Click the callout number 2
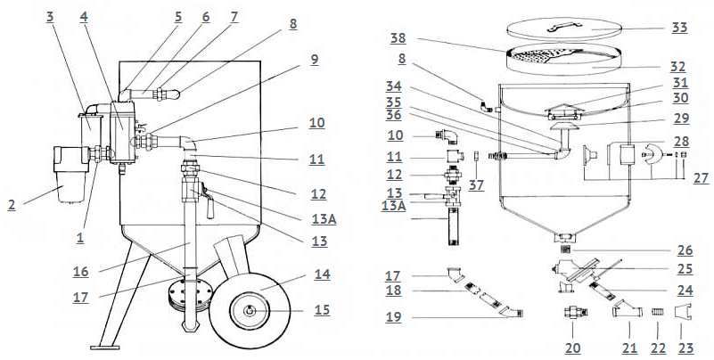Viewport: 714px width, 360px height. [12, 205]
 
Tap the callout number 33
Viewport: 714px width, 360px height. [680, 29]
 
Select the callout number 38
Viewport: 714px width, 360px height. [398, 38]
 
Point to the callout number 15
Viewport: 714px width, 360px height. [322, 310]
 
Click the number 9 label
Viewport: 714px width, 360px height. [315, 60]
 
